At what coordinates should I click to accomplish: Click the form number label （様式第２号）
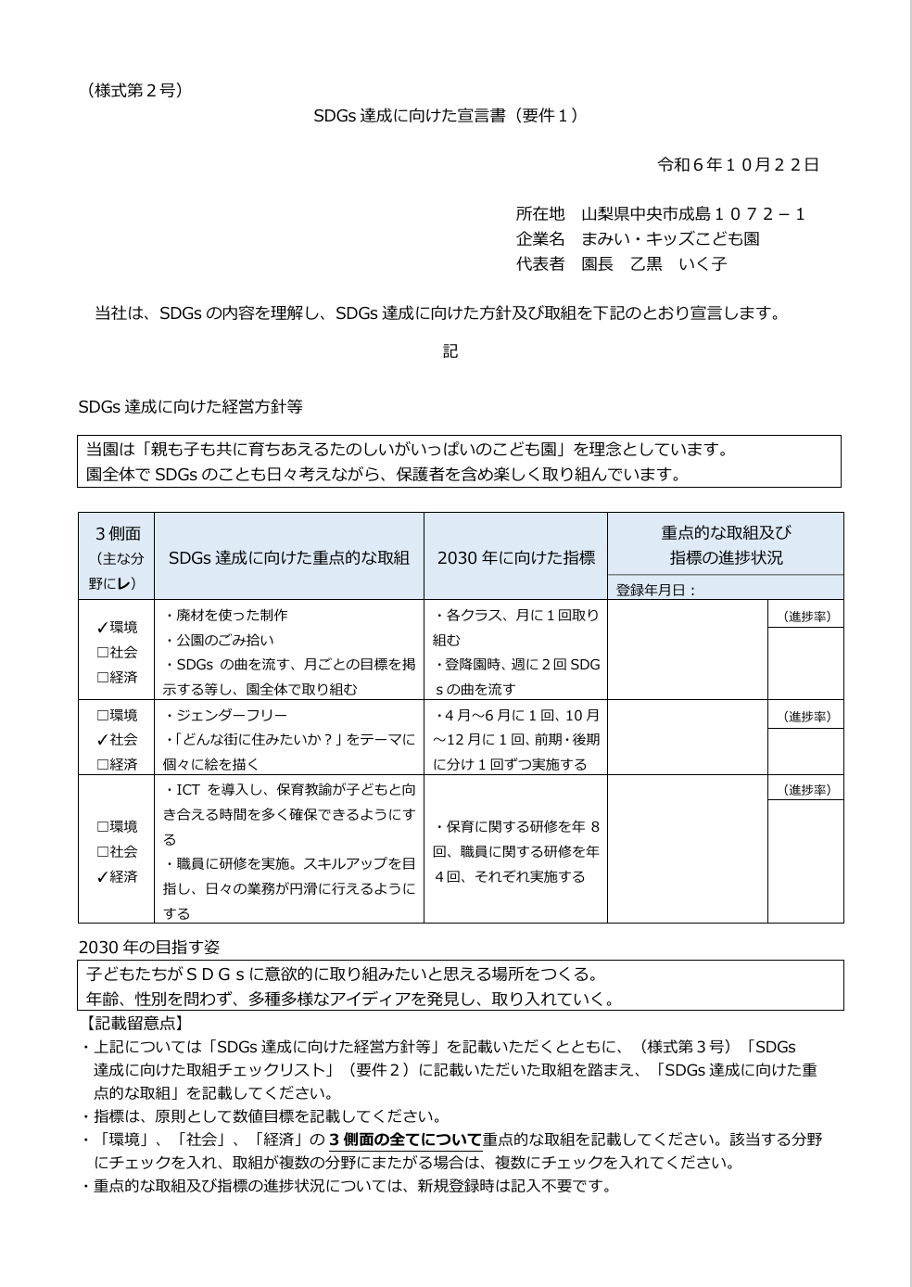135,90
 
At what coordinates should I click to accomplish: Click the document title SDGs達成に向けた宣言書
445,116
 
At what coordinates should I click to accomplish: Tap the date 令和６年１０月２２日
738,165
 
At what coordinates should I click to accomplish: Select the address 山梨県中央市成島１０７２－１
693,214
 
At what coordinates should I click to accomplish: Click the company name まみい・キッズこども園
670,238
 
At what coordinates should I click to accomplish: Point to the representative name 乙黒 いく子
678,263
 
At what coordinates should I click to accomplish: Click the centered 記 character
450,351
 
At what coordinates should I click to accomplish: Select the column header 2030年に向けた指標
515,557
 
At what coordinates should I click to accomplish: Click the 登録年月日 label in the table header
656,590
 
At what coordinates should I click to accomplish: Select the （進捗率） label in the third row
805,790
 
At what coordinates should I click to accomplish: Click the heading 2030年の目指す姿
149,948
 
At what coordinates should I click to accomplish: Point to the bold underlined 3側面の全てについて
405,1140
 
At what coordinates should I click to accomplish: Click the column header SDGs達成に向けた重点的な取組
288,557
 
